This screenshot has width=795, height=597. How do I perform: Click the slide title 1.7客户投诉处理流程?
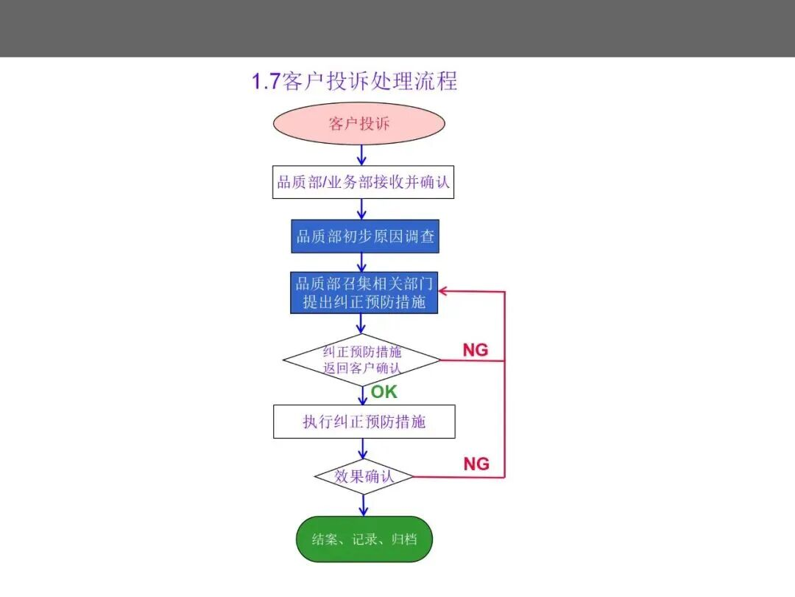point(354,81)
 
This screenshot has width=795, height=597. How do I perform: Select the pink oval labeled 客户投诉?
point(359,123)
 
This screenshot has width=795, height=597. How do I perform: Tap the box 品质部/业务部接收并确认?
point(363,182)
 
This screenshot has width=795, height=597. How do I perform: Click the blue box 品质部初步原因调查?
point(365,236)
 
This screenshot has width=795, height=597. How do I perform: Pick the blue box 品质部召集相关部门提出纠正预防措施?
point(364,293)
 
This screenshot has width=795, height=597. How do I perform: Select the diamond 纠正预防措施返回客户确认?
point(361,360)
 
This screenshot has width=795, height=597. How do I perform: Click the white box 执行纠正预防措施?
point(364,422)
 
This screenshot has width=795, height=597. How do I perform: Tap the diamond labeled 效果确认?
point(364,477)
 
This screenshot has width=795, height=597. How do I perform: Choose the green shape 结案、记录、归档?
point(364,539)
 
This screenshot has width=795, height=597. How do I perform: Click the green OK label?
point(384,392)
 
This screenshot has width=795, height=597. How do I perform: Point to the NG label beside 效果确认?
point(476,464)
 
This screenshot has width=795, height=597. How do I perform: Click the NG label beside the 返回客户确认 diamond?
point(476,350)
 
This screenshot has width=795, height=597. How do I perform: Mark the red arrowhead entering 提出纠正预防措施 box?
point(442,291)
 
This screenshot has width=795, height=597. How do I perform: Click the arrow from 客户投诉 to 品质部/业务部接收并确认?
point(361,155)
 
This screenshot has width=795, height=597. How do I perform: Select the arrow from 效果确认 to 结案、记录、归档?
point(364,506)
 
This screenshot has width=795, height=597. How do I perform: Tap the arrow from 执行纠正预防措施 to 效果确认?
point(363,448)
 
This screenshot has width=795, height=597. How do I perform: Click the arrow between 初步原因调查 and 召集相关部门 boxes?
point(361,262)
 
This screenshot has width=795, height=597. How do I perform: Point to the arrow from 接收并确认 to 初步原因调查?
point(361,209)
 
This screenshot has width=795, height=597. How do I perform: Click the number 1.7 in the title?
point(266,82)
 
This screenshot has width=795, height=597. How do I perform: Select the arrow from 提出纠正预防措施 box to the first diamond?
point(361,324)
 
